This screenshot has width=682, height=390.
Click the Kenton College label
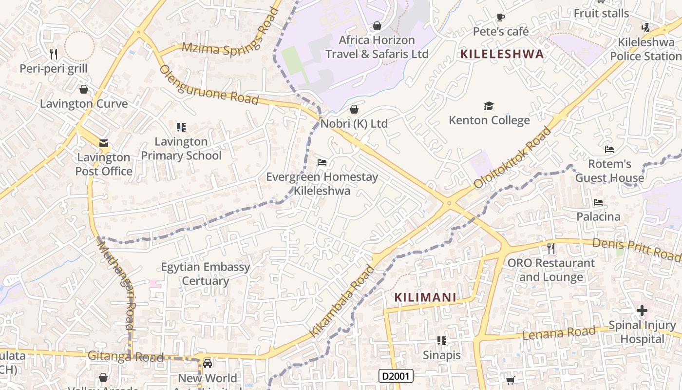(489, 120)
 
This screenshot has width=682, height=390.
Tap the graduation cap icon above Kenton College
(489, 106)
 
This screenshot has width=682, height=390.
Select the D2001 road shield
(396, 376)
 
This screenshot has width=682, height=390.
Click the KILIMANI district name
(425, 297)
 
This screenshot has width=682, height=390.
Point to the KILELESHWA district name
(502, 54)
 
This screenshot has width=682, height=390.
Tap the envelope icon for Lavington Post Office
(103, 143)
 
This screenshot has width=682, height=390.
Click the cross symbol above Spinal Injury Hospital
(642, 310)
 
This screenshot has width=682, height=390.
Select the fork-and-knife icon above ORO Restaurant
(551, 249)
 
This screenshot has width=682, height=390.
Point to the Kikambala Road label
(342, 301)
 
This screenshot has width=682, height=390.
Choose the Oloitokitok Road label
(513, 158)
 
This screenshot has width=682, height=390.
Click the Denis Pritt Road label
(636, 249)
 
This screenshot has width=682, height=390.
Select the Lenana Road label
(559, 333)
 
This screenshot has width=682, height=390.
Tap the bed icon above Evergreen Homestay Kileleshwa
(322, 162)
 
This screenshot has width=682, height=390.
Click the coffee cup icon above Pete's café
(501, 18)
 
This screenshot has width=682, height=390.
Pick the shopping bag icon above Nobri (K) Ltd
(354, 109)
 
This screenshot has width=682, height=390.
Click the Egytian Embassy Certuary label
(206, 274)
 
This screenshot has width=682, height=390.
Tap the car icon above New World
(208, 364)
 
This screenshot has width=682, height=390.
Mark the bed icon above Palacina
(598, 202)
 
